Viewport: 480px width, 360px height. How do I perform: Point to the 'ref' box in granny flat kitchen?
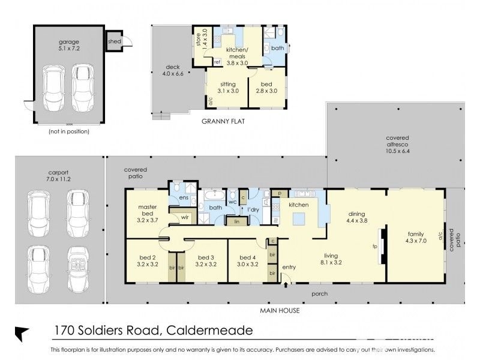pos(217,62)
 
